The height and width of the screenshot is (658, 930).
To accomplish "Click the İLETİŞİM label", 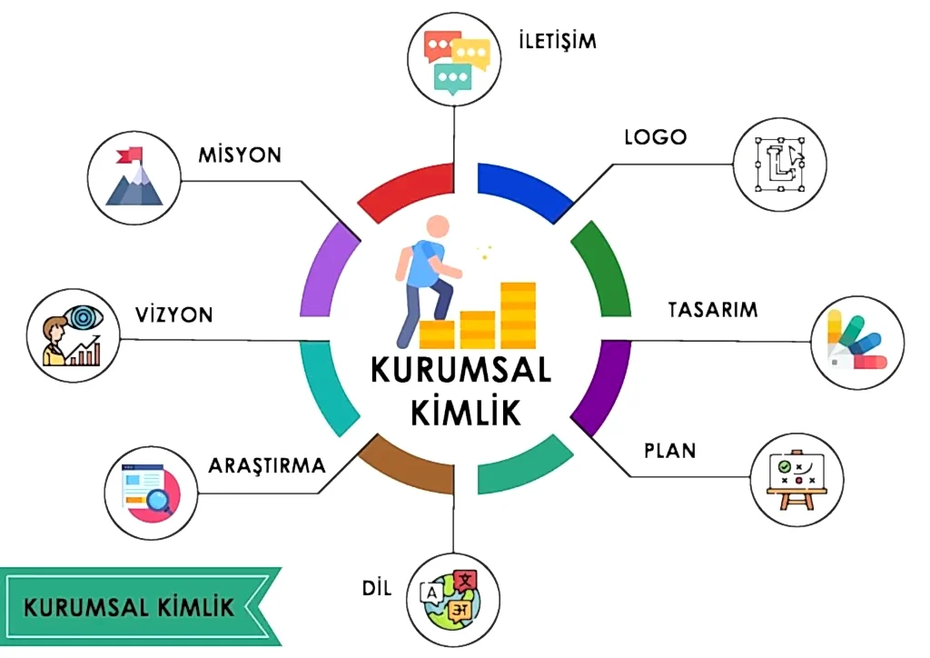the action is [557, 40].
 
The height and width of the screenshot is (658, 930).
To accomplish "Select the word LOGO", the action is [656, 137].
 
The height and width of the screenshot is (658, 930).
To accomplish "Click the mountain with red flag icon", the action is [134, 176].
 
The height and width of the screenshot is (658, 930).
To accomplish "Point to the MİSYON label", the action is [240, 155].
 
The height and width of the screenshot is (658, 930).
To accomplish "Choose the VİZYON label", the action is [174, 314].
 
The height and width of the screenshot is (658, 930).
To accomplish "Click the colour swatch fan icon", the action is [857, 342].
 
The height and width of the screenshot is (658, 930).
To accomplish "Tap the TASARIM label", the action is [713, 310].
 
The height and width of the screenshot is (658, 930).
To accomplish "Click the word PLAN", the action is [670, 451].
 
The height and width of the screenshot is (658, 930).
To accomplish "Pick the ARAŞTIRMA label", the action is [267, 465].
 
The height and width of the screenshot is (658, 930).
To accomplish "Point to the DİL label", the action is [377, 589].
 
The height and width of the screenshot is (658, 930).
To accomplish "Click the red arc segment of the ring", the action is [406, 194].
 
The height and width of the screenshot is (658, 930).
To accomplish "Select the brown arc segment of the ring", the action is [407, 464].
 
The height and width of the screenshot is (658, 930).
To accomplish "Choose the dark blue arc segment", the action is [526, 194].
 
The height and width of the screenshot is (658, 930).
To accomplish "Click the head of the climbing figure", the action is [438, 227].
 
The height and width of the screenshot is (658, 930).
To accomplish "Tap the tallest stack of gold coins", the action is [519, 315].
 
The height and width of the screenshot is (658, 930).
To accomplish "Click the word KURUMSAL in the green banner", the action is [86, 607].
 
